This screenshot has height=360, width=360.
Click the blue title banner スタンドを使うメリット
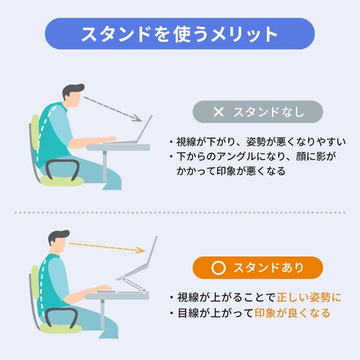click(x=180, y=34)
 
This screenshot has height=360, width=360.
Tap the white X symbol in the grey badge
click(x=218, y=112)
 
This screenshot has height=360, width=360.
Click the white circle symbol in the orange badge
click(x=218, y=268)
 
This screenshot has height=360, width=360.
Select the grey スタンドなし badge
click(x=258, y=111)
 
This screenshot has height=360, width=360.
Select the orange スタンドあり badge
click(x=258, y=268)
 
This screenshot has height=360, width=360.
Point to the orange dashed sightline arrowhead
click(x=140, y=250)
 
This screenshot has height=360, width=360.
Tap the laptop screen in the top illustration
click(x=144, y=128)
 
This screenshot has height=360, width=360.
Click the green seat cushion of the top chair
click(x=62, y=181)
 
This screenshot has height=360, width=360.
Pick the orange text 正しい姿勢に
click(x=309, y=298)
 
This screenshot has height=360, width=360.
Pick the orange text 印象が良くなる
click(x=292, y=313)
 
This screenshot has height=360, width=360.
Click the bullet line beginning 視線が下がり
click(x=258, y=142)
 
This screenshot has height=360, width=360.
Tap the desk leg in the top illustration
click(x=105, y=167)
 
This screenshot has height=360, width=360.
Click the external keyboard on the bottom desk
click(x=106, y=291)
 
